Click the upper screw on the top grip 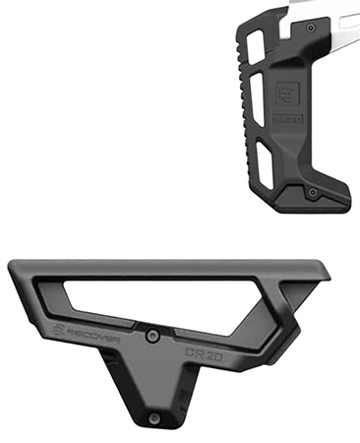point(312,30)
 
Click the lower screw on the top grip point(312,191)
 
